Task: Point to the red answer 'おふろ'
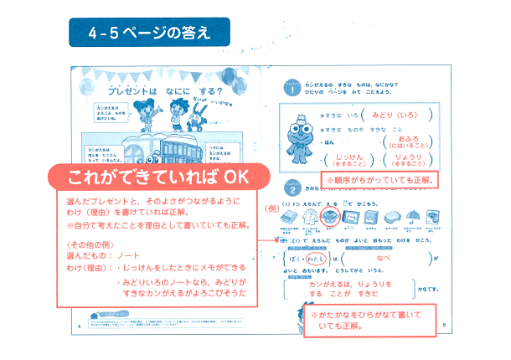point(410,139)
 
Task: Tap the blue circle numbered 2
point(291,188)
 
